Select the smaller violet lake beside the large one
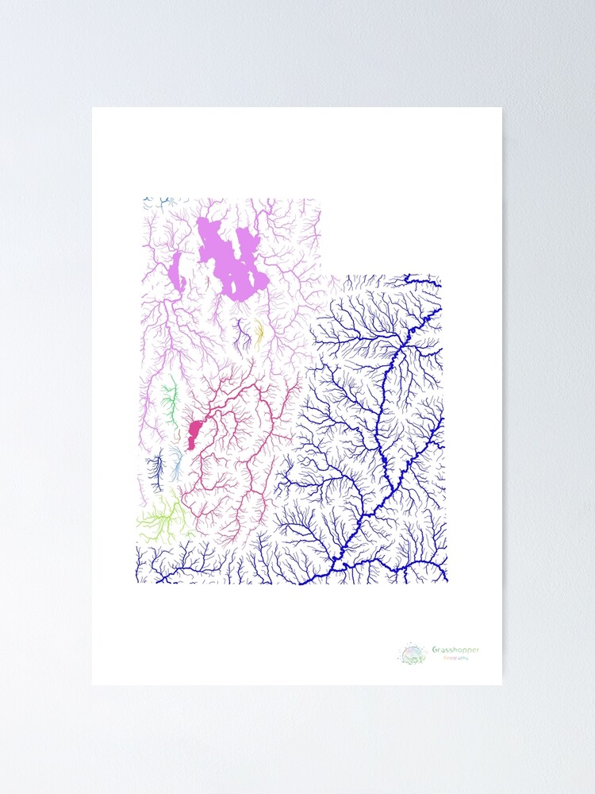[177, 272]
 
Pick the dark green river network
[169, 401]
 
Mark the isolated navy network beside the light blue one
[157, 468]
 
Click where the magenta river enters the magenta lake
[202, 422]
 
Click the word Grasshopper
[455, 650]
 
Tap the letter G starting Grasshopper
[435, 650]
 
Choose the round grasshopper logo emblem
[413, 654]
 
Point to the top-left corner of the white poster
[93, 108]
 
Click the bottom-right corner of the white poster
[501, 684]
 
